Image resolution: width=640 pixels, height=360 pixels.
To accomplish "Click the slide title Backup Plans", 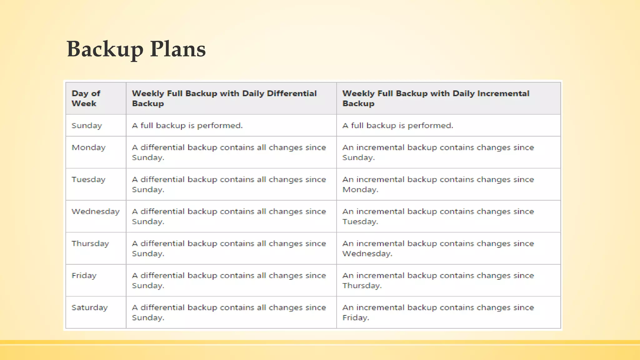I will [136, 49].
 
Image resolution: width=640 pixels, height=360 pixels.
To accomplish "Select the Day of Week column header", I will [86, 98].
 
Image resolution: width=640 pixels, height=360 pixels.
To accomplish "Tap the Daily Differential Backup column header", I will [224, 98].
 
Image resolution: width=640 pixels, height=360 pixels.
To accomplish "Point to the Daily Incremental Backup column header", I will [436, 98].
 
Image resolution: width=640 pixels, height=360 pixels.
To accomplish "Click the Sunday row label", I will [87, 126].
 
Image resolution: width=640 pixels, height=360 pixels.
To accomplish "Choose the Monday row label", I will [89, 147].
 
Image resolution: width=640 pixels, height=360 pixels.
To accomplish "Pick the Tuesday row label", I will [88, 180].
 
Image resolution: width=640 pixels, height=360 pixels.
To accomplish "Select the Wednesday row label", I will [96, 212].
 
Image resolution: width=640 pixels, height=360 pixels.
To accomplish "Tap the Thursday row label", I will [90, 244].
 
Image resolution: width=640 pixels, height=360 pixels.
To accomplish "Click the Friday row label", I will [84, 276].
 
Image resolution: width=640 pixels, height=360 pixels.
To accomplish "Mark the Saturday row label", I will [90, 308].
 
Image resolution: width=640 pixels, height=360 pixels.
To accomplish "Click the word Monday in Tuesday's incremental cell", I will [360, 190].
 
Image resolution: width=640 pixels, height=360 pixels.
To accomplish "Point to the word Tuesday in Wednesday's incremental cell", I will [360, 222].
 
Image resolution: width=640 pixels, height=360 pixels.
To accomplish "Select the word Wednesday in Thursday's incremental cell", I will [367, 254].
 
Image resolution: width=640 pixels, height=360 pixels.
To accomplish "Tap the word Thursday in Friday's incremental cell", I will [362, 286].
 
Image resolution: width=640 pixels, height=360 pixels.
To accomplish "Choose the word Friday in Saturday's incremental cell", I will [356, 318].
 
